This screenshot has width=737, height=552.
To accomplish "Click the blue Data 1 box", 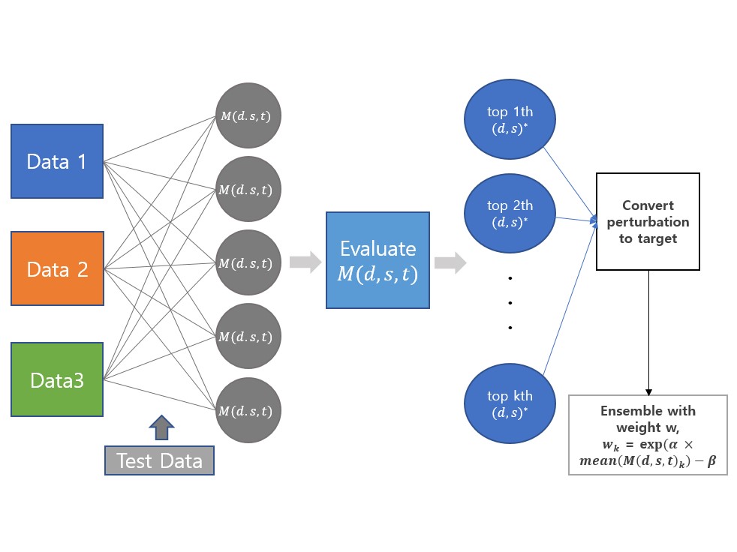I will [x=57, y=161].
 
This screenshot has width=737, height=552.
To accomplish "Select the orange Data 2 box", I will [x=57, y=268].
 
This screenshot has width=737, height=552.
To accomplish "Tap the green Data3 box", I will [x=57, y=379].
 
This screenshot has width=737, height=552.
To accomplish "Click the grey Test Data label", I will [x=159, y=460].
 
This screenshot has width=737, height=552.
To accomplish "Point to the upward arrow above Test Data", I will [x=161, y=427].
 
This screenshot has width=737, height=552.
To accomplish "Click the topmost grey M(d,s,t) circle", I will [x=248, y=115].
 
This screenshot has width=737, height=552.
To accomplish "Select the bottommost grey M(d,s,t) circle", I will [x=248, y=410].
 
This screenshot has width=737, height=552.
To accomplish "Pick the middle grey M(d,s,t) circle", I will [x=248, y=262].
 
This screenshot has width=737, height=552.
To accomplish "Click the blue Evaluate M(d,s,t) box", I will [x=378, y=260].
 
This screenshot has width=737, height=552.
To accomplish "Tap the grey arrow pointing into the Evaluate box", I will [x=305, y=262].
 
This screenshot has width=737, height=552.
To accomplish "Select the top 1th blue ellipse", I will [x=510, y=120].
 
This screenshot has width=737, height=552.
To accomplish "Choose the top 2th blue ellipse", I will [x=510, y=213].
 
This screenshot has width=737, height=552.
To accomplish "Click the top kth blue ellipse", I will [x=510, y=403].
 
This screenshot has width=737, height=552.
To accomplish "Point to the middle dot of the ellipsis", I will [x=510, y=303].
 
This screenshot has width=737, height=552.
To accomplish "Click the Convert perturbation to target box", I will [x=648, y=221].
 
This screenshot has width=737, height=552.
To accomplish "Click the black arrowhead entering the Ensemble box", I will [x=648, y=391].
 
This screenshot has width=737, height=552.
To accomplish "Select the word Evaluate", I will [x=378, y=249].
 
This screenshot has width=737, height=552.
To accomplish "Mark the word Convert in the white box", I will [x=648, y=205].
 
